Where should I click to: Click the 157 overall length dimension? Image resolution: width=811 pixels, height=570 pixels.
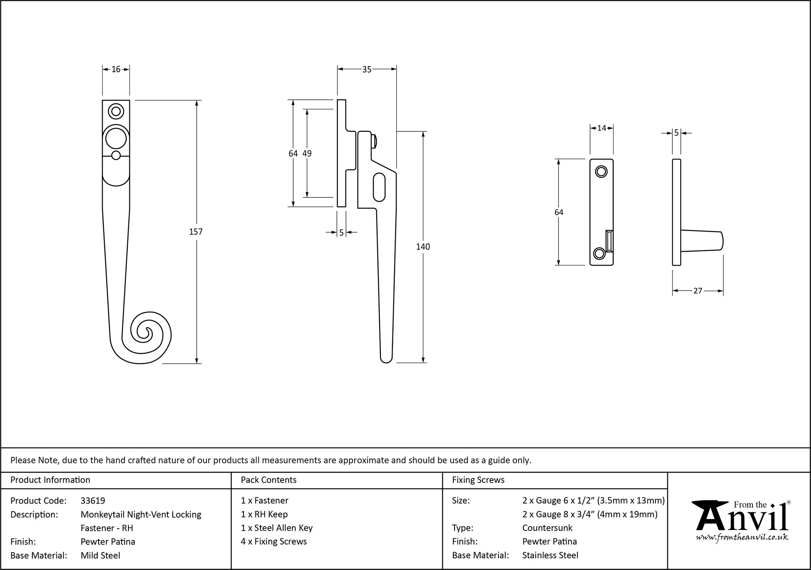coord(196,232)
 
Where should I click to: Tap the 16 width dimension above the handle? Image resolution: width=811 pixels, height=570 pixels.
coord(116,69)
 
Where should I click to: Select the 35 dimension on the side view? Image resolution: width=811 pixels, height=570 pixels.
coord(367,70)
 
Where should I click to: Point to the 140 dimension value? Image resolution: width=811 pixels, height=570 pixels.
coord(423,246)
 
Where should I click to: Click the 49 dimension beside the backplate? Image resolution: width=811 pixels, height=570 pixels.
coord(307,153)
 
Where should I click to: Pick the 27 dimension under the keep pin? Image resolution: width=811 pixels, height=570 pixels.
coord(697,291)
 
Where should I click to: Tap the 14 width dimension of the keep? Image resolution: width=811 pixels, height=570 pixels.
coord(601,128)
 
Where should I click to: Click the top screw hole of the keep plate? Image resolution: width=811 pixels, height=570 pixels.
coord(601,171)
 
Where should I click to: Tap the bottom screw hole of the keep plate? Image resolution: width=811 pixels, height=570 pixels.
coord(599,254)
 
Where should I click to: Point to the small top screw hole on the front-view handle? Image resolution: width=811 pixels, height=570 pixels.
coord(116,111)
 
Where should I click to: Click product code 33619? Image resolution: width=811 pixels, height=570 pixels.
coord(93,501)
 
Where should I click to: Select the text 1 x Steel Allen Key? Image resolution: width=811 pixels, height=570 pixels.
coord(277,528)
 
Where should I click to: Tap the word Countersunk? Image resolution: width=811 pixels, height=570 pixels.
coord(547,528)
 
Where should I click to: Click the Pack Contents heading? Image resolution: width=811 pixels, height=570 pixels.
coord(268,480)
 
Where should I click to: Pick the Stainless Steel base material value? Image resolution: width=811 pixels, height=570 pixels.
coord(550,555)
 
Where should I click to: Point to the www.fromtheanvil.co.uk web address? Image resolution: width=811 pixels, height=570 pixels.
coord(742,538)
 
